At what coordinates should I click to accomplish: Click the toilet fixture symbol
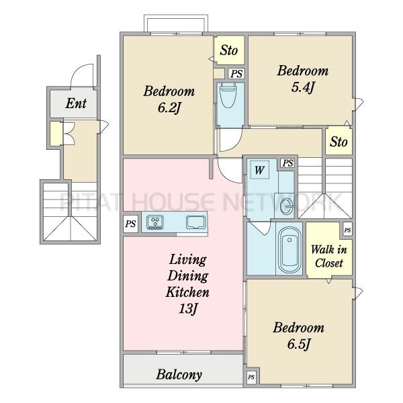pos(228,95)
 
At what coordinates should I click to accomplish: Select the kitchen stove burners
pos(155,222)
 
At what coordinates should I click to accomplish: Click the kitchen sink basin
pos(196,222)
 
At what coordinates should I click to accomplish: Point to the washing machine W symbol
pos(259,170)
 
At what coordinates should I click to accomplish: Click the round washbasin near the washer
pos(286,206)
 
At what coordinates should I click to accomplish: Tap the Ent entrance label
pos(76,103)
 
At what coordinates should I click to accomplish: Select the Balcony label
pos(179,375)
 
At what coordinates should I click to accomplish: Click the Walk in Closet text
pos(328,257)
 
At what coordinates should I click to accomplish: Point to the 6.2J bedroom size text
pos(169,107)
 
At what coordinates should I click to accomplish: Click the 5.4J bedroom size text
pos(303,87)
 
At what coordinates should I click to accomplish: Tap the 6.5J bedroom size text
pos(299,343)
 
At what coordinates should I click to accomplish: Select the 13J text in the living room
pos(187,308)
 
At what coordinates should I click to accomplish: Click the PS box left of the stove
pos(130,224)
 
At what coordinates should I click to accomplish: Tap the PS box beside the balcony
pos(251,377)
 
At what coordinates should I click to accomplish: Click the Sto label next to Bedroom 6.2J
pos(228,50)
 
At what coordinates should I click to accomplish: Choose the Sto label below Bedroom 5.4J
pos(339,142)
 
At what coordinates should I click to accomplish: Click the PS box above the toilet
pos(236,74)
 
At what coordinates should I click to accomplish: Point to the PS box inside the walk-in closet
pos(347,230)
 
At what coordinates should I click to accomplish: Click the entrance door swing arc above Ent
pos(79,69)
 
